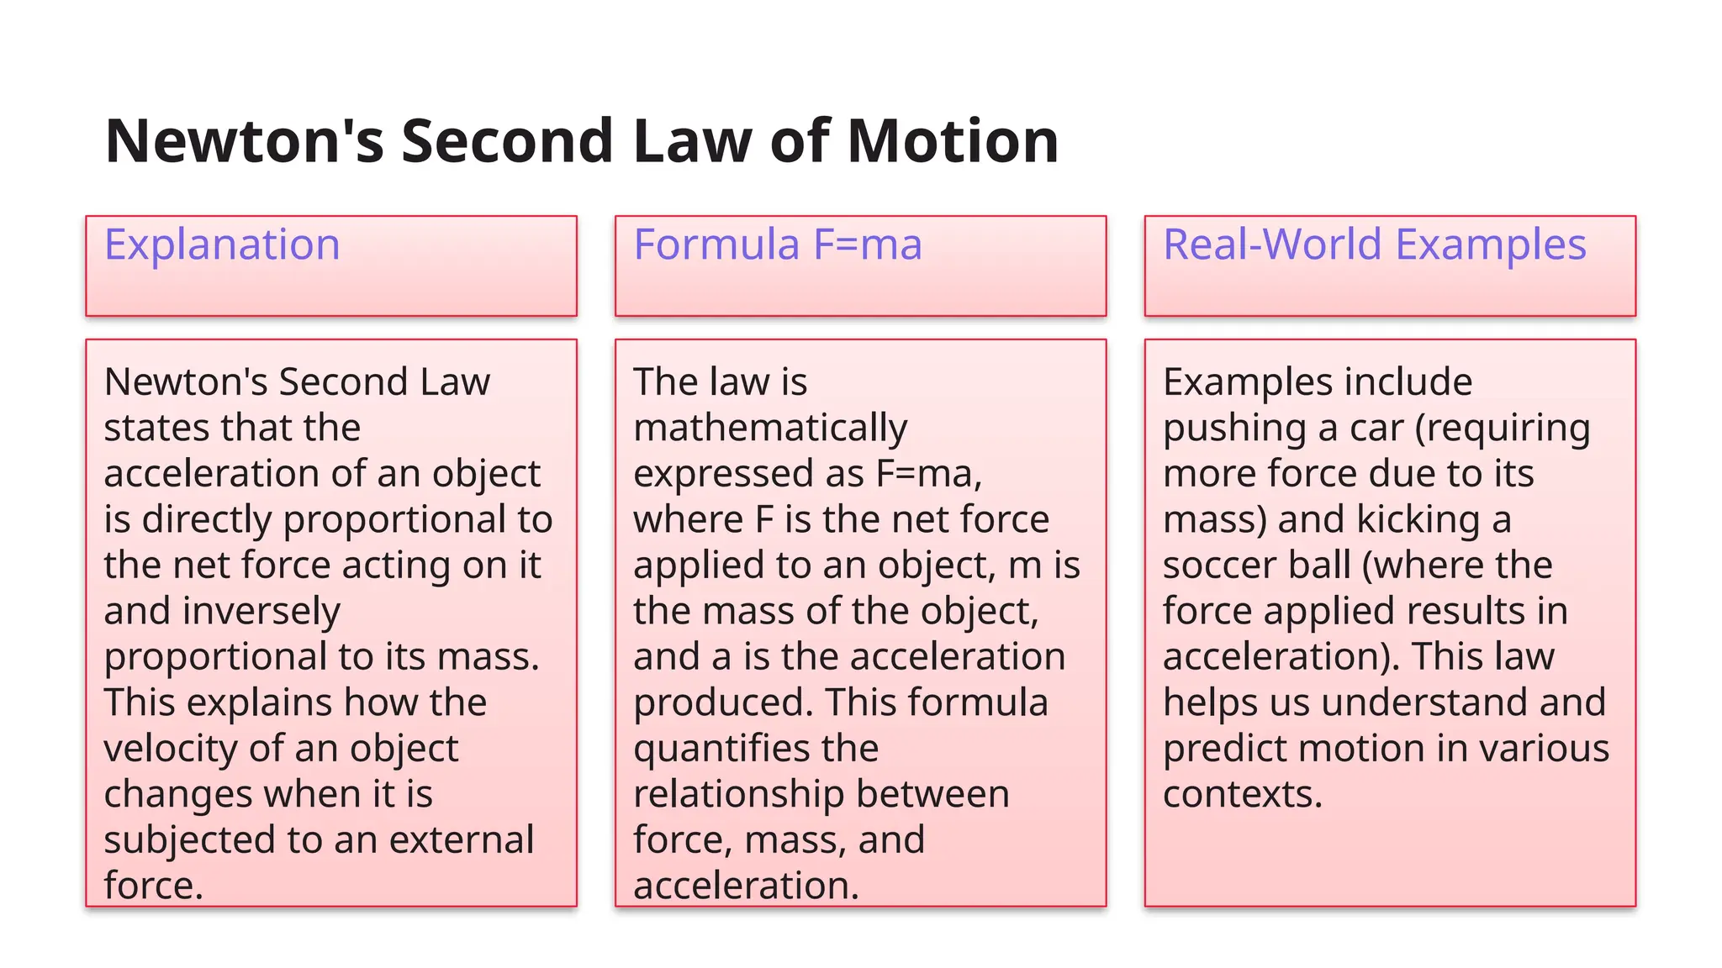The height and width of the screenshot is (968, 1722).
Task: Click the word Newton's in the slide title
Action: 244,141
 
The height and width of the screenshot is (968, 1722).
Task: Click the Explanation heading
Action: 222,245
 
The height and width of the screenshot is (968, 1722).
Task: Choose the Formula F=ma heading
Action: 778,245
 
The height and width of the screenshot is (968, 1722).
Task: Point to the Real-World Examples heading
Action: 1374,245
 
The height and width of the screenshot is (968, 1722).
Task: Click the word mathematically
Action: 770,429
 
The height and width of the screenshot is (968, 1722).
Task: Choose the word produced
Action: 723,703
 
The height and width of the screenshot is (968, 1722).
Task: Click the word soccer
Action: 1213,566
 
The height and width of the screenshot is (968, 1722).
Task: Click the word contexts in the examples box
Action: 1242,795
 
